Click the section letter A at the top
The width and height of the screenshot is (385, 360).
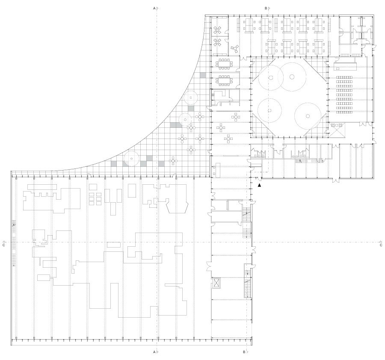point(154,9)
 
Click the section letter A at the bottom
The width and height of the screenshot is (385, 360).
point(154,352)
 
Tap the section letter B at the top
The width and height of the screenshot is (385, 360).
point(266,9)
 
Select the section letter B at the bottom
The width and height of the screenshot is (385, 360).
point(244,352)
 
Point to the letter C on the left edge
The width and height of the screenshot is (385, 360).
point(4,245)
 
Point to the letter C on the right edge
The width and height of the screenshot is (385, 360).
point(381,245)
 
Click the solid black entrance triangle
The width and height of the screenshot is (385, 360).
point(260,185)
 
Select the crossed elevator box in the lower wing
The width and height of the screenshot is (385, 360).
point(216,283)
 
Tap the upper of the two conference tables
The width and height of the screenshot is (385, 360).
point(224,64)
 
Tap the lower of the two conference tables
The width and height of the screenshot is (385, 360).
point(224,80)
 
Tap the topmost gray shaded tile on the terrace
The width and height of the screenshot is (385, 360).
point(203,75)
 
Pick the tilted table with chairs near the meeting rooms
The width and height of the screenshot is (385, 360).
point(235,48)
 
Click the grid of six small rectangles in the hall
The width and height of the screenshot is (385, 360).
point(95,199)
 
